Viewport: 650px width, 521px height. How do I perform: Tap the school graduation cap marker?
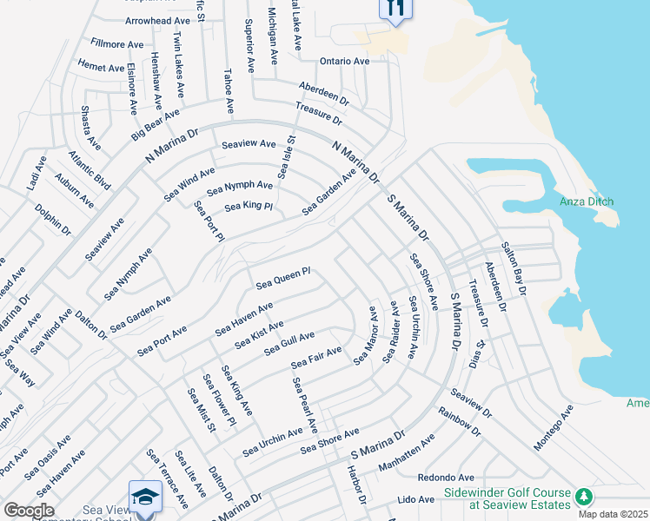tap(145, 498)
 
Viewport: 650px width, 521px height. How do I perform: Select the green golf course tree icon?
tap(585, 497)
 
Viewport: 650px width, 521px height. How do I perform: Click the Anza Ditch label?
tap(587, 201)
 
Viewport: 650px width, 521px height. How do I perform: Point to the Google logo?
tap(29, 511)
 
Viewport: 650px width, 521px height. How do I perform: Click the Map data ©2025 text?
tap(613, 514)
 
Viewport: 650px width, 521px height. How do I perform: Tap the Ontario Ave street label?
tap(345, 62)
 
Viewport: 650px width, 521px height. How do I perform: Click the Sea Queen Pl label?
tap(283, 279)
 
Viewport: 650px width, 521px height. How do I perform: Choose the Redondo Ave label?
tap(446, 478)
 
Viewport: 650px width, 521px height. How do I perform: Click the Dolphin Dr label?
tap(53, 220)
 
